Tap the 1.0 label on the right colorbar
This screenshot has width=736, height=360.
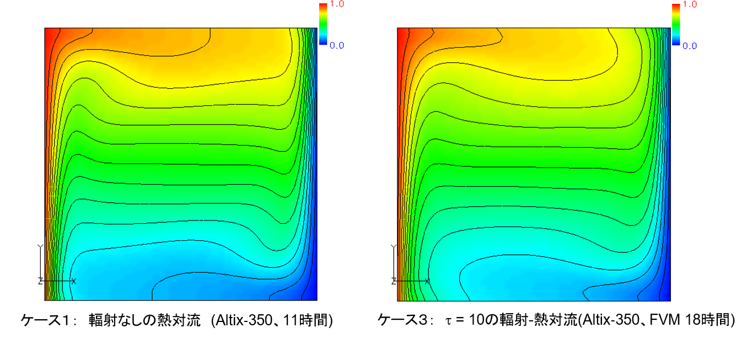point(690,4)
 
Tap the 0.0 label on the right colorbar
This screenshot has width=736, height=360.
point(690,46)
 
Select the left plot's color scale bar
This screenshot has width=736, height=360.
point(323,24)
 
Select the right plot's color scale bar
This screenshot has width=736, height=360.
point(676,24)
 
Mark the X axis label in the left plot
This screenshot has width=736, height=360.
point(74,281)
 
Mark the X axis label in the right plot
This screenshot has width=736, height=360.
point(427,281)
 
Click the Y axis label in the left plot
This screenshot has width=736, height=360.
point(39,246)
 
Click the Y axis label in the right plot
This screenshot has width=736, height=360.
point(392,246)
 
